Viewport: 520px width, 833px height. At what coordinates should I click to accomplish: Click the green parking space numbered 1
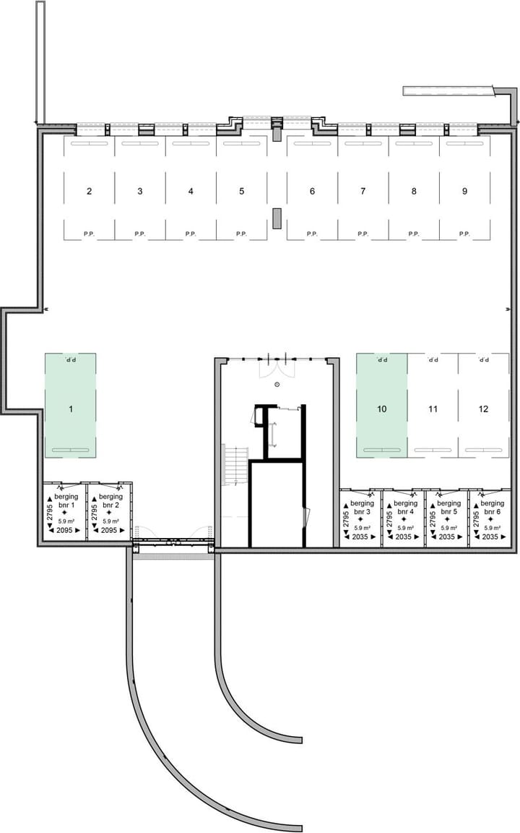pyautogui.click(x=71, y=409)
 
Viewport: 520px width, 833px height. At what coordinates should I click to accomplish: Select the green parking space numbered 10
pyautogui.click(x=381, y=409)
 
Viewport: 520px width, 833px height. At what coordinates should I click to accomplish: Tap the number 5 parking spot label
pyautogui.click(x=241, y=192)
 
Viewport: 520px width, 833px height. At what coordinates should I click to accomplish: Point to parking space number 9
pyautogui.click(x=464, y=192)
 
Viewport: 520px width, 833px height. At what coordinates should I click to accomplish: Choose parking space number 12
pyautogui.click(x=483, y=409)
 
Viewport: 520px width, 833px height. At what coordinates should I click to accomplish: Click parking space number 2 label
pyautogui.click(x=89, y=192)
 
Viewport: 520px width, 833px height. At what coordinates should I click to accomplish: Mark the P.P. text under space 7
pyautogui.click(x=363, y=234)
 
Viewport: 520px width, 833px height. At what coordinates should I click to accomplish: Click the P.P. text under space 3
pyautogui.click(x=139, y=234)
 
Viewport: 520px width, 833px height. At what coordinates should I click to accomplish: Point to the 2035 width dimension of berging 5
pyautogui.click(x=448, y=537)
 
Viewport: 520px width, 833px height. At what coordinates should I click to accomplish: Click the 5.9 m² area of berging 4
pyautogui.click(x=404, y=529)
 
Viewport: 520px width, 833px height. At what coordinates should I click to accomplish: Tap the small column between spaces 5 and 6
pyautogui.click(x=276, y=218)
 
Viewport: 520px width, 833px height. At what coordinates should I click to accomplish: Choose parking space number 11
pyautogui.click(x=433, y=409)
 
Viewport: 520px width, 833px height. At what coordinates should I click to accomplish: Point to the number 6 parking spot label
pyautogui.click(x=312, y=192)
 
